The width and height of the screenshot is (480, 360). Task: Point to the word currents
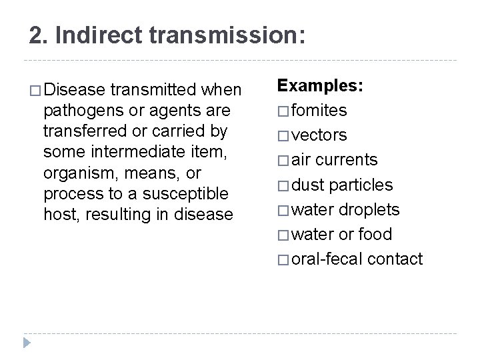click(x=347, y=160)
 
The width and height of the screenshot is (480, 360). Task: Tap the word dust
click(x=309, y=185)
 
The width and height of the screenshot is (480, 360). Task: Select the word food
click(x=376, y=234)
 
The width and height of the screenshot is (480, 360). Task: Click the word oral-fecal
click(x=325, y=259)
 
